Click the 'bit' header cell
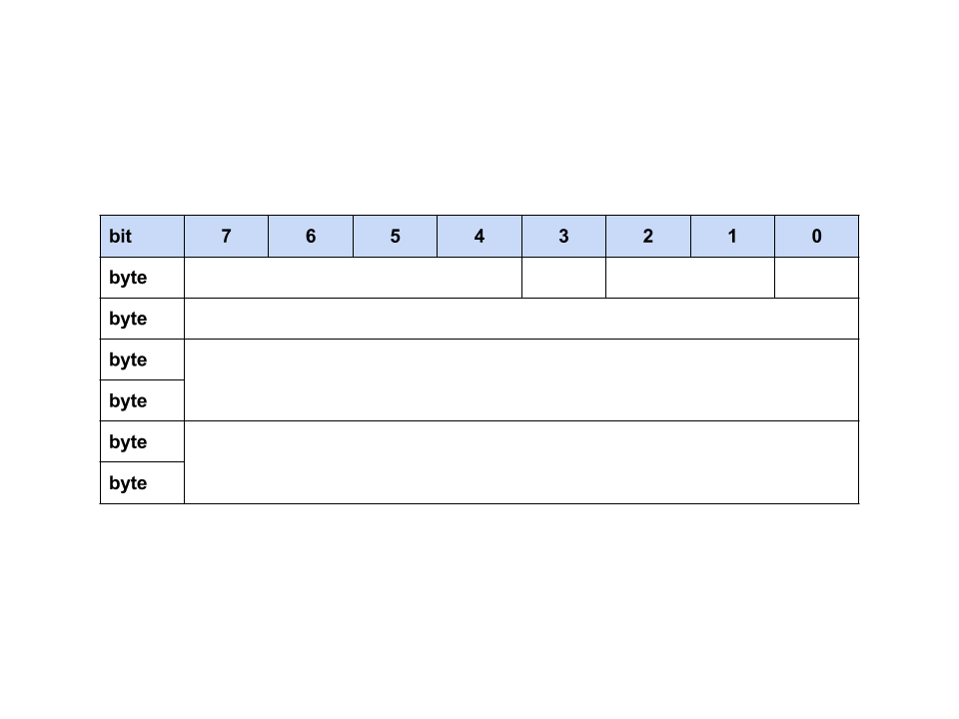point(142,237)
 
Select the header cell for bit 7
point(226,237)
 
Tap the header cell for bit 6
point(311,237)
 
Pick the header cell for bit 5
point(395,237)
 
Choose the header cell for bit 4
point(479,237)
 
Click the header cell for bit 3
point(563,237)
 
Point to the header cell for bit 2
point(648,237)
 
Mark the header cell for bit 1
point(732,237)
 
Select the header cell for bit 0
point(816,237)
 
